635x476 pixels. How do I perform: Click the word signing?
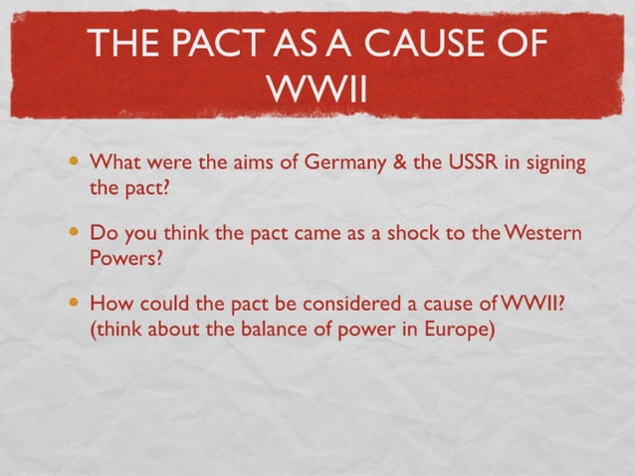coord(553,163)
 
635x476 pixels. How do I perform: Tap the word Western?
coord(542,233)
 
